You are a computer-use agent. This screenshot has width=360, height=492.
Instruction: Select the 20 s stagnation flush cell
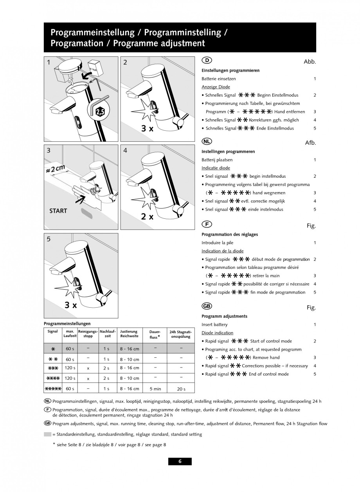(x=181, y=389)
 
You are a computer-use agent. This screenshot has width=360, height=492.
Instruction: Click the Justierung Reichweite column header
(x=129, y=333)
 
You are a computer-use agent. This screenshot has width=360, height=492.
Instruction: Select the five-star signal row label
(x=53, y=389)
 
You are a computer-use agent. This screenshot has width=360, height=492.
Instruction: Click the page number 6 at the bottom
(x=180, y=461)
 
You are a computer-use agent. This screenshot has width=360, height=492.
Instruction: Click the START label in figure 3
(x=58, y=211)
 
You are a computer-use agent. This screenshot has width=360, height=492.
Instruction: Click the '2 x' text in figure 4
(x=147, y=216)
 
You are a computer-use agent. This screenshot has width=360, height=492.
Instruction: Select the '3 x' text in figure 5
(x=71, y=305)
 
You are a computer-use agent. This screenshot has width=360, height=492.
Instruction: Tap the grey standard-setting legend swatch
(x=47, y=434)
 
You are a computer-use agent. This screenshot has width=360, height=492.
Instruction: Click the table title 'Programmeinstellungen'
(x=67, y=323)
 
